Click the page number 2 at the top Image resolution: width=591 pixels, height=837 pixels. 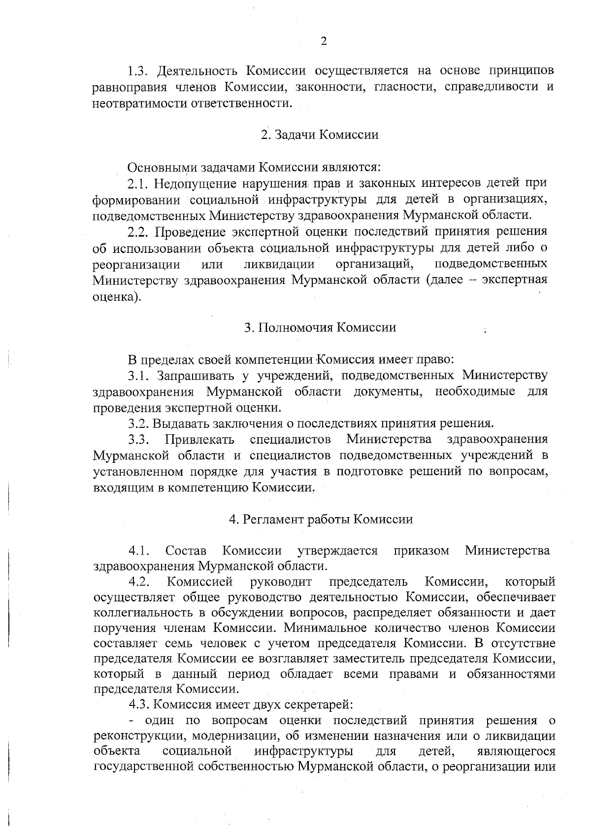(324, 41)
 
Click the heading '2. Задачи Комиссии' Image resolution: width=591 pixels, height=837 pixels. (320, 135)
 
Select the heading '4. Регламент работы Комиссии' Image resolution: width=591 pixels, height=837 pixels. (321, 520)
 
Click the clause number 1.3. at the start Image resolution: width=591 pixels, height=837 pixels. (138, 71)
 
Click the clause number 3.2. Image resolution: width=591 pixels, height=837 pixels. (138, 423)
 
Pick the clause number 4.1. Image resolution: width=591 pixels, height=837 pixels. (139, 551)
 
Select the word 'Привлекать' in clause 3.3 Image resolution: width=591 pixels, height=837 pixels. (199, 439)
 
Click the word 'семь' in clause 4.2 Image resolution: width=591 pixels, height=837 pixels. (183, 643)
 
